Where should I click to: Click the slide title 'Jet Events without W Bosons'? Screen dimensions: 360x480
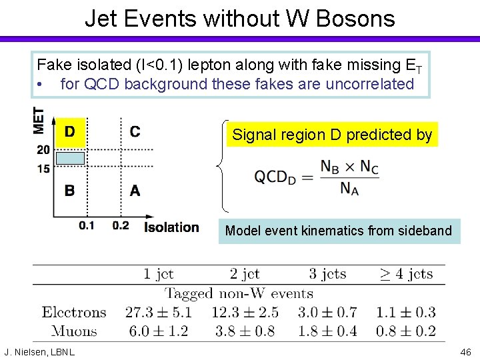[x=239, y=18]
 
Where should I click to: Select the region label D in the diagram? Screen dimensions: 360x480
[x=69, y=131]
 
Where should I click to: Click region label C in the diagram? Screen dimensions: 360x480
[x=135, y=131]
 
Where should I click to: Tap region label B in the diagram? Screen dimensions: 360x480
[x=69, y=191]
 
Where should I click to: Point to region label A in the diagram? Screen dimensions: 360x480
[x=135, y=191]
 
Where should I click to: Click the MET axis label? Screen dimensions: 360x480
[x=39, y=121]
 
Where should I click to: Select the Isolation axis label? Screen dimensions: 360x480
[x=171, y=227]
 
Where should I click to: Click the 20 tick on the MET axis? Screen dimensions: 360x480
[x=43, y=150]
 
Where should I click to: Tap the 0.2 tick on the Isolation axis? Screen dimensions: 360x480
[x=121, y=226]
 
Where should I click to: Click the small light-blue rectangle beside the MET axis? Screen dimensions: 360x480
[x=69, y=158]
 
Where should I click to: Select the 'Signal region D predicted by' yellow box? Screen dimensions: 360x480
[x=331, y=135]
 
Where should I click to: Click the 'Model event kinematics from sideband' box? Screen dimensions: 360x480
[x=339, y=231]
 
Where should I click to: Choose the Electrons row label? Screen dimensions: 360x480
[x=74, y=312]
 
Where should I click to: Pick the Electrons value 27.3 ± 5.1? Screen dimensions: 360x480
[x=157, y=312]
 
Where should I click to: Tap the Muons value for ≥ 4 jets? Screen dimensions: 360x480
[x=405, y=331]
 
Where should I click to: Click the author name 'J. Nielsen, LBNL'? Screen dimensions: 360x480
[x=39, y=351]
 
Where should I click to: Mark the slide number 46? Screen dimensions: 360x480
[x=465, y=351]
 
